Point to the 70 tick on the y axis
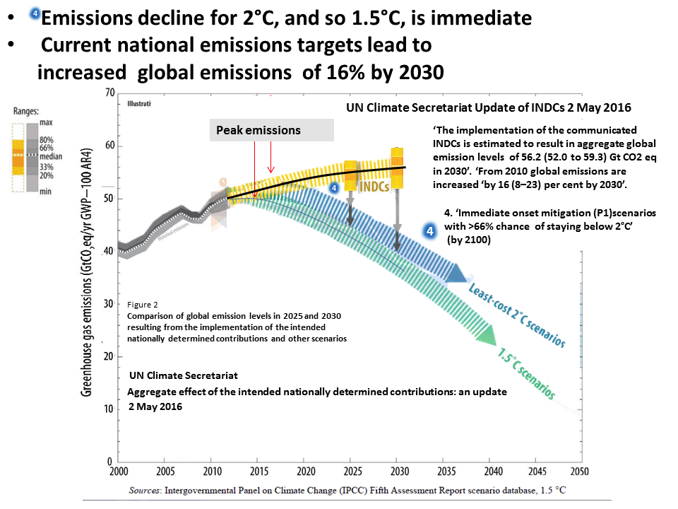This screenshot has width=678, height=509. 108,93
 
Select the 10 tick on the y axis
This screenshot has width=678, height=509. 108,409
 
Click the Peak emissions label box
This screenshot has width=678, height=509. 272,131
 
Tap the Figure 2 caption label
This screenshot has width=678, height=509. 143,304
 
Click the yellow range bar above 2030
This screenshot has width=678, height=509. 397,168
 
